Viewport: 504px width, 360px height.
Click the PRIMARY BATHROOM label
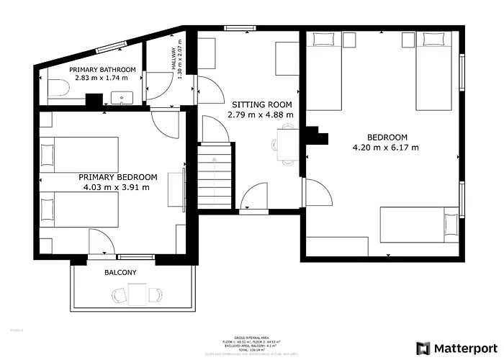point(102,68)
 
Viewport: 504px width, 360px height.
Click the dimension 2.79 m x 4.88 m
point(260,114)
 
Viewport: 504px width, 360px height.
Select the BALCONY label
point(120,273)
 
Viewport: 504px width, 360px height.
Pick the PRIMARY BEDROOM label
point(117,177)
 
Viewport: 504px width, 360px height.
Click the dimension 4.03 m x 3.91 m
point(117,187)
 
